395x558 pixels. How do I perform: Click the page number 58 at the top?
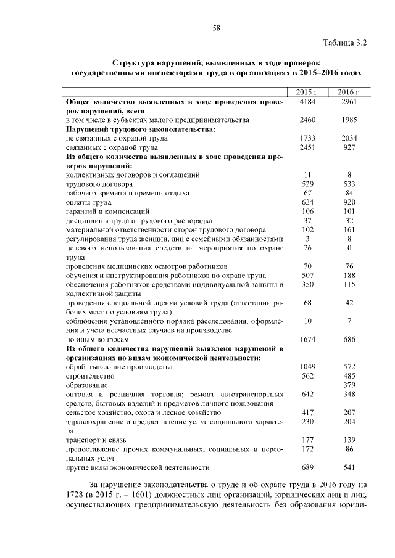217,28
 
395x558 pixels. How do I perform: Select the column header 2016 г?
349,92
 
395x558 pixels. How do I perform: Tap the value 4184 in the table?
307,101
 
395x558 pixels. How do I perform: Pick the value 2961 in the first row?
349,101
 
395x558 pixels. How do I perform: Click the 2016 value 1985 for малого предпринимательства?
349,120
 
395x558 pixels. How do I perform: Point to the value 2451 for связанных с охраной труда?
307,148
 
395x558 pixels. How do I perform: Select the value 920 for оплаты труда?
349,202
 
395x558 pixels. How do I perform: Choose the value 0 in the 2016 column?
349,248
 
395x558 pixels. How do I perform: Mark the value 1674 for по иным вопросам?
307,339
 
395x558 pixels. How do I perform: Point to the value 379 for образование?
349,385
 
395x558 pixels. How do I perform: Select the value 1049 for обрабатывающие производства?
307,367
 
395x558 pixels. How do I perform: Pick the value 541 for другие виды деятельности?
349,467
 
